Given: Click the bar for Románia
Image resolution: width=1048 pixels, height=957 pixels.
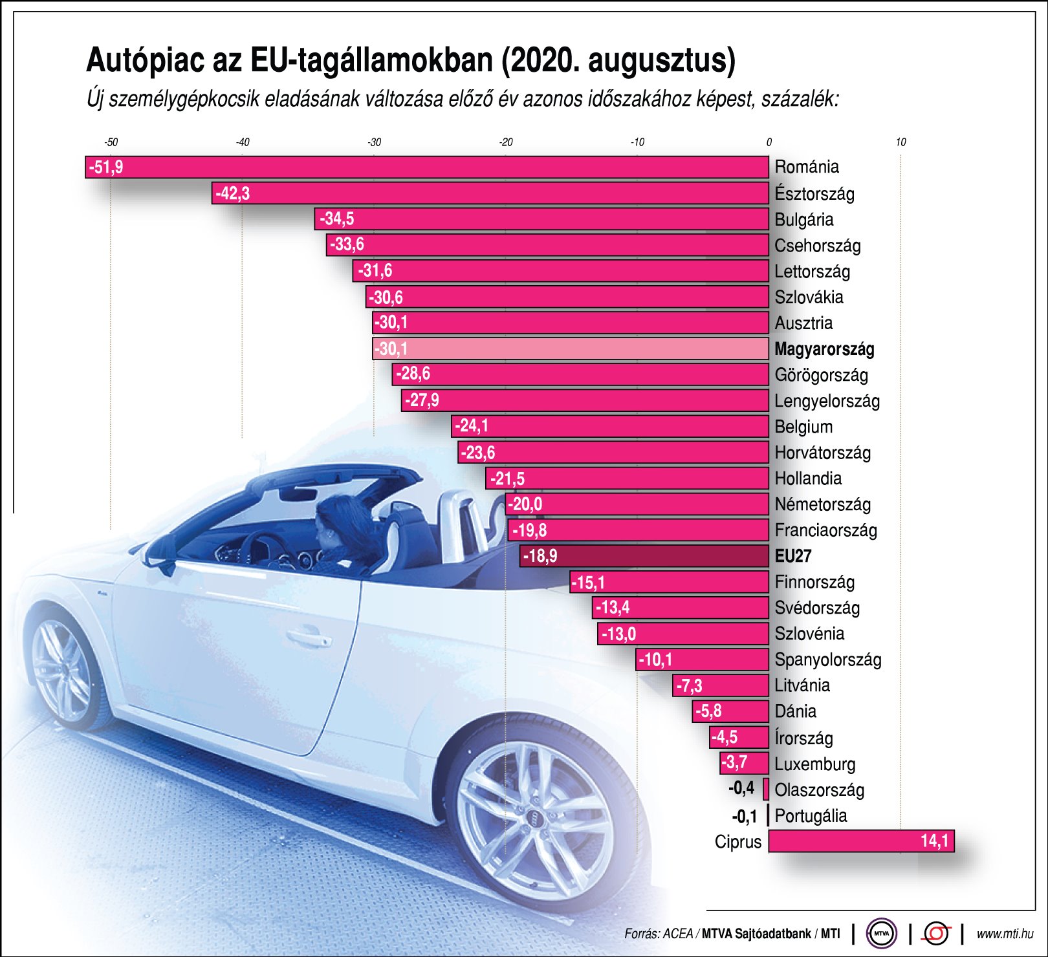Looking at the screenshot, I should click(x=427, y=167).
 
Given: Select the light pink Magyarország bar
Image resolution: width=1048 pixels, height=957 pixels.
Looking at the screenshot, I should click(x=569, y=349).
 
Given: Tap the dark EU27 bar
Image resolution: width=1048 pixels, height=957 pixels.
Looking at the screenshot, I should click(x=644, y=555).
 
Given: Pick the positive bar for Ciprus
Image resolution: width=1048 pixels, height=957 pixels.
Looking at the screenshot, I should click(x=860, y=841).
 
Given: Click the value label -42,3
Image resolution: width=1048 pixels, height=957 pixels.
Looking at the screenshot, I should click(x=233, y=193).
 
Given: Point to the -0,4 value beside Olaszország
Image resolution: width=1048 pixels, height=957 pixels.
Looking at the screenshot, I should click(x=741, y=788).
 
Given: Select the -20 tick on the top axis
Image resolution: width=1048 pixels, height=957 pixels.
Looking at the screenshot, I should click(x=506, y=142).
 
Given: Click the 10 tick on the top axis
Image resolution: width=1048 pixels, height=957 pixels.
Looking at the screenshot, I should click(x=901, y=142).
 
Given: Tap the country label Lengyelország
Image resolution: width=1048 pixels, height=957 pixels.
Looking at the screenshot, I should click(x=827, y=401).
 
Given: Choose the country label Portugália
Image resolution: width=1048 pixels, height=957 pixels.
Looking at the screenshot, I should click(x=811, y=815).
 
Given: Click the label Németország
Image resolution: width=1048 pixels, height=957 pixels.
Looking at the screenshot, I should click(x=823, y=504).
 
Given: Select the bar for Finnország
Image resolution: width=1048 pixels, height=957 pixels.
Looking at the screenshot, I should click(x=670, y=582).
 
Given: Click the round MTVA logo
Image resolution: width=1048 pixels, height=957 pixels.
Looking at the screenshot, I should click(x=881, y=933).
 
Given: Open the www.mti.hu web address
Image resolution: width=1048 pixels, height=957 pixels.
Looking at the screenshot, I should click(x=1004, y=934).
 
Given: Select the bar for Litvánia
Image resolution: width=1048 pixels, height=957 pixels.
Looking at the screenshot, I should click(x=721, y=685).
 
